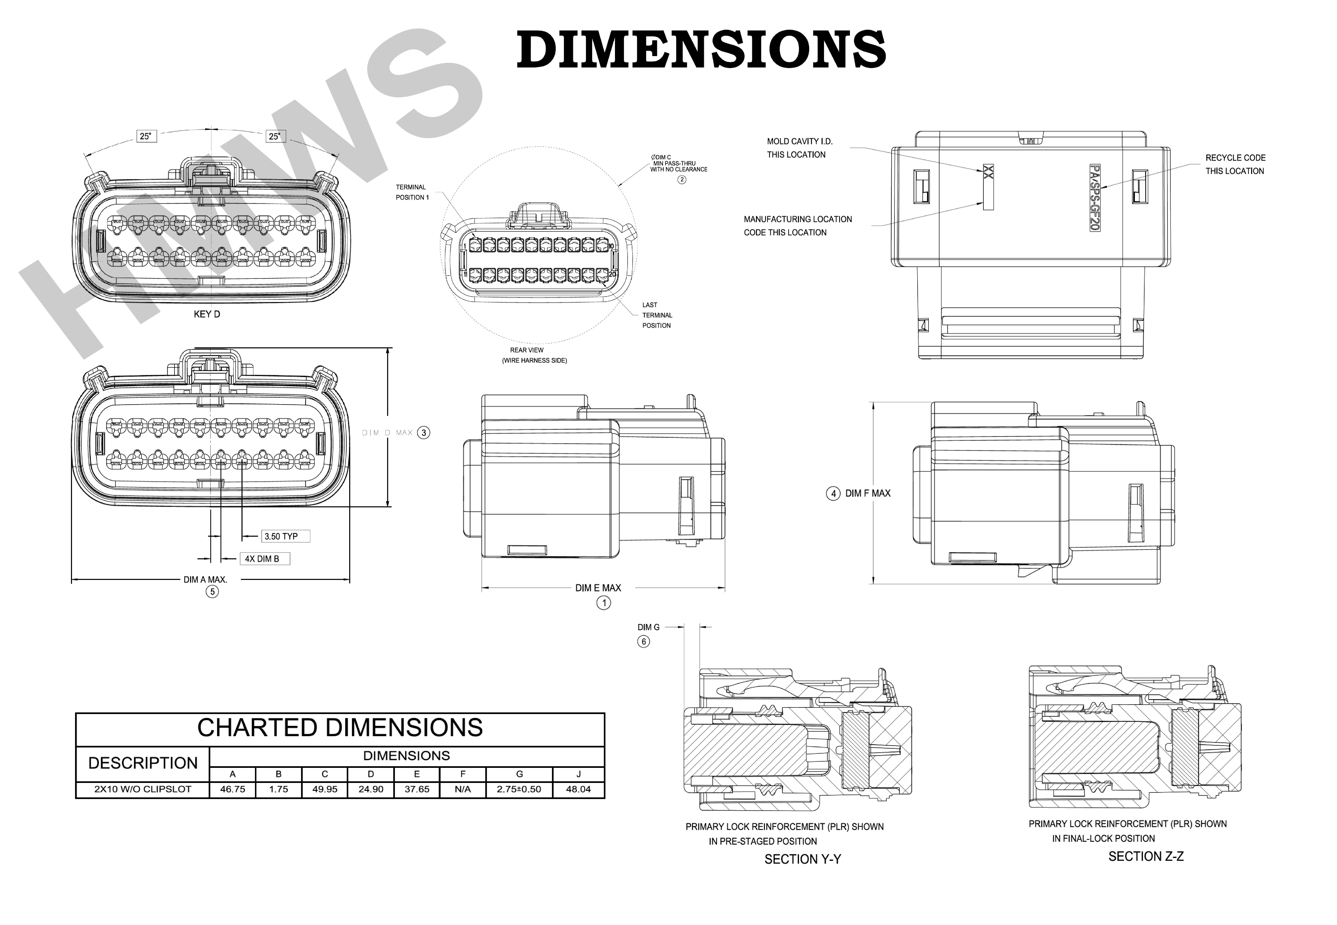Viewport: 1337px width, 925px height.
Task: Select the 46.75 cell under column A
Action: point(233,789)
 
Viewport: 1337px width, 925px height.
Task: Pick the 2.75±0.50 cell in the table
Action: point(519,789)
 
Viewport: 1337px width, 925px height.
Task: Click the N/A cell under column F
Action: point(463,789)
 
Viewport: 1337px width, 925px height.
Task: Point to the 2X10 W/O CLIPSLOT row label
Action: point(143,789)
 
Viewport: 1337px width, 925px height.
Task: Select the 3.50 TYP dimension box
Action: point(285,536)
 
